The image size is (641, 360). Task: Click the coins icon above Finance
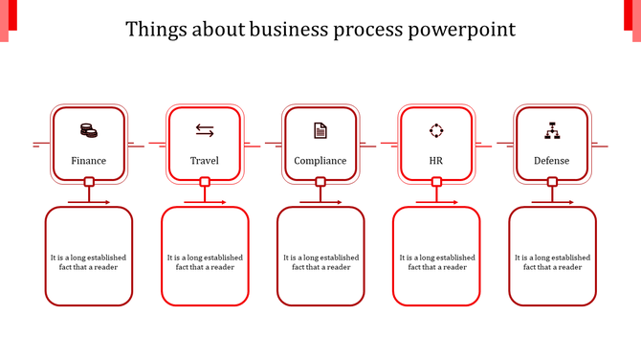pyautogui.click(x=88, y=130)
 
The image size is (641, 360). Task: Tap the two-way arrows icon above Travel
pyautogui.click(x=205, y=130)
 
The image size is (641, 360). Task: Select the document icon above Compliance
pyautogui.click(x=320, y=130)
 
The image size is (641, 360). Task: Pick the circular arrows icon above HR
pyautogui.click(x=436, y=130)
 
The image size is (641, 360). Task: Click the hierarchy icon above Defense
pyautogui.click(x=551, y=130)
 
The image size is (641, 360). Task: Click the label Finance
pyautogui.click(x=88, y=161)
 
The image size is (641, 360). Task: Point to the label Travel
pyautogui.click(x=205, y=161)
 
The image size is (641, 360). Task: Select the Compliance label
pyautogui.click(x=320, y=161)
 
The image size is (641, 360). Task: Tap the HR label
pyautogui.click(x=436, y=161)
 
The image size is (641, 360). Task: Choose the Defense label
pyautogui.click(x=551, y=161)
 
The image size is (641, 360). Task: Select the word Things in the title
pyautogui.click(x=156, y=30)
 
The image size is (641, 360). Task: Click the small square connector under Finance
pyautogui.click(x=89, y=182)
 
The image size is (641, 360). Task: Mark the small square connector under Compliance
pyautogui.click(x=320, y=182)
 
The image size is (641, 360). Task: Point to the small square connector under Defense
pyautogui.click(x=552, y=182)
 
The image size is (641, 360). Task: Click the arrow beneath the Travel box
pyautogui.click(x=205, y=202)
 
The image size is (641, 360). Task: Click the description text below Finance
pyautogui.click(x=89, y=262)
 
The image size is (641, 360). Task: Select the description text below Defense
pyautogui.click(x=552, y=262)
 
